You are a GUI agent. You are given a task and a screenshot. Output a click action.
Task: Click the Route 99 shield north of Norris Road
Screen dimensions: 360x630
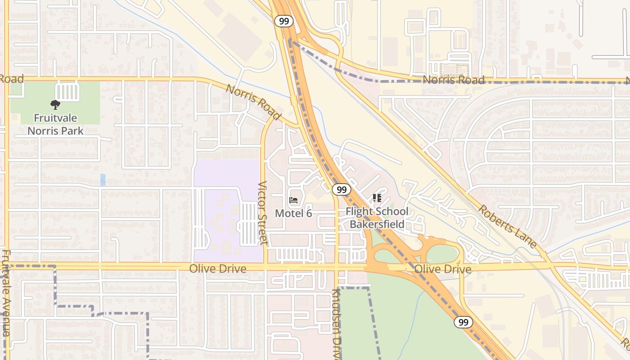pyautogui.click(x=284, y=21)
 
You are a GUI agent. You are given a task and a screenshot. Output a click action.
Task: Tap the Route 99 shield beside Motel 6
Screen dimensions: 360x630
pyautogui.click(x=342, y=189)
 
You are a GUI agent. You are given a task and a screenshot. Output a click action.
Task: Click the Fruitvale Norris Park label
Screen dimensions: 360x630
pyautogui.click(x=55, y=125)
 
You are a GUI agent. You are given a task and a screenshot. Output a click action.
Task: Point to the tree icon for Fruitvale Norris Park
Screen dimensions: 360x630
pyautogui.click(x=55, y=105)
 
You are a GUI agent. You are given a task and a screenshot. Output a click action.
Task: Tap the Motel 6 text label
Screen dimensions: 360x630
pyautogui.click(x=293, y=213)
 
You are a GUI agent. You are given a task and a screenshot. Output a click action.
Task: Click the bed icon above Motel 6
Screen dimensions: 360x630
pyautogui.click(x=293, y=200)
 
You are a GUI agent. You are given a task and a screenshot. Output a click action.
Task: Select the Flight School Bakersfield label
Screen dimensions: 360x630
pyautogui.click(x=377, y=218)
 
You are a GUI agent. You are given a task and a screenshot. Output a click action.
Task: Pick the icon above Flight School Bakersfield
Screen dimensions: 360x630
pyautogui.click(x=377, y=198)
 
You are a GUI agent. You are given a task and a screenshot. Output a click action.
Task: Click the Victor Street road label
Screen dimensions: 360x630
pyautogui.click(x=263, y=213)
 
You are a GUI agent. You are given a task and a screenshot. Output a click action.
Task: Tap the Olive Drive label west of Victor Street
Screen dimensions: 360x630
pyautogui.click(x=218, y=269)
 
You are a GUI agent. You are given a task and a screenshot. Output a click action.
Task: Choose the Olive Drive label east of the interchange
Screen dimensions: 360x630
pyautogui.click(x=443, y=270)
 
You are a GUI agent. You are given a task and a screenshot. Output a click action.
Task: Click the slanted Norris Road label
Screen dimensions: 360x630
pyautogui.click(x=253, y=103)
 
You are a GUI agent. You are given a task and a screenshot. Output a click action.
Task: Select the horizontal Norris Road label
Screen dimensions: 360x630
pyautogui.click(x=454, y=81)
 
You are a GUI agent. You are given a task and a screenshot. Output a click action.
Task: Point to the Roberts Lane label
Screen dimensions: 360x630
pyautogui.click(x=507, y=226)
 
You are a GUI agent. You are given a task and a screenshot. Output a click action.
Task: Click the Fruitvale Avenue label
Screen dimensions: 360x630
pyautogui.click(x=6, y=292)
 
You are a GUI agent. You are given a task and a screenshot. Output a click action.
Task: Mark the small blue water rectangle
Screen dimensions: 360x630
pyautogui.click(x=103, y=180)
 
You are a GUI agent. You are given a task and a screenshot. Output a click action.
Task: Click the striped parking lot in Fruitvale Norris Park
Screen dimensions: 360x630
pyautogui.click(x=68, y=92)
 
